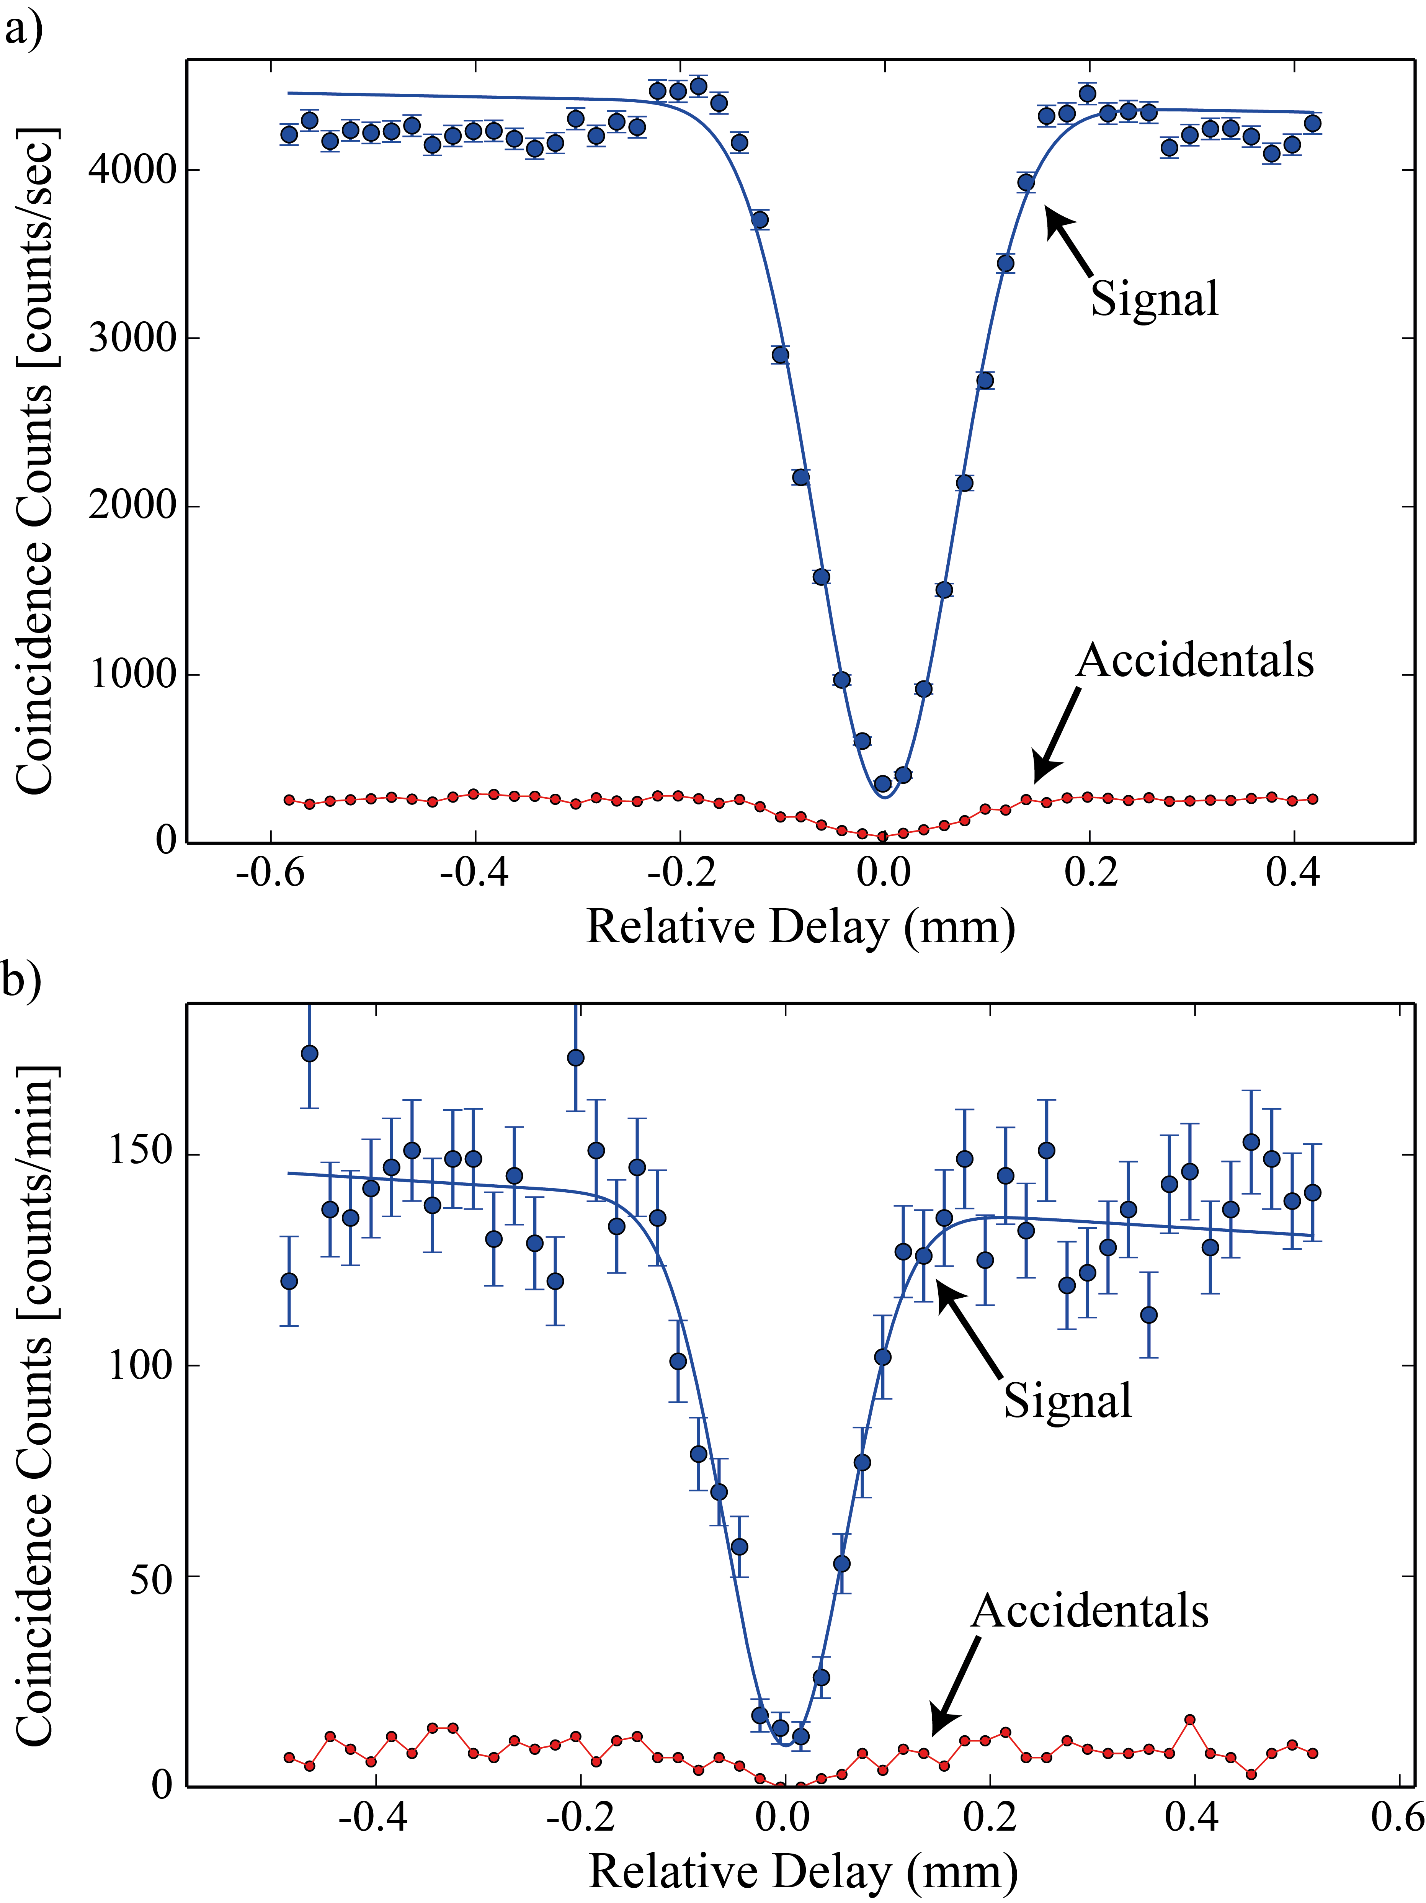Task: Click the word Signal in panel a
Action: [1154, 299]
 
